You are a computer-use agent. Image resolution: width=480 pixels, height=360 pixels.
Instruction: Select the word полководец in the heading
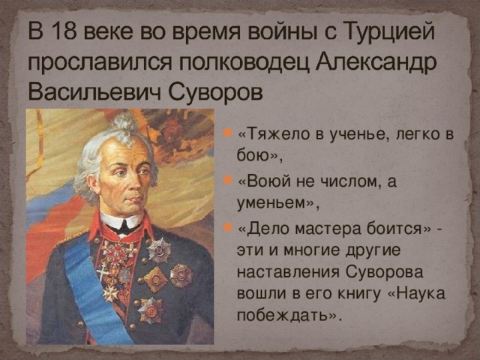point(223,63)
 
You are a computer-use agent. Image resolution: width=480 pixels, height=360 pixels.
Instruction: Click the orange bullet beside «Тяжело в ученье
point(228,136)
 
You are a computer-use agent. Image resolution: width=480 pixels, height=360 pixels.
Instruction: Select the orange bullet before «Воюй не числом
point(228,182)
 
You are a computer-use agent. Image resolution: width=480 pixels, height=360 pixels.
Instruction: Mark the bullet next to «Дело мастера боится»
point(228,229)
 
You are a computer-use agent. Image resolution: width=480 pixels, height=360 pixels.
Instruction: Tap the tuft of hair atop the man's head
point(125,124)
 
